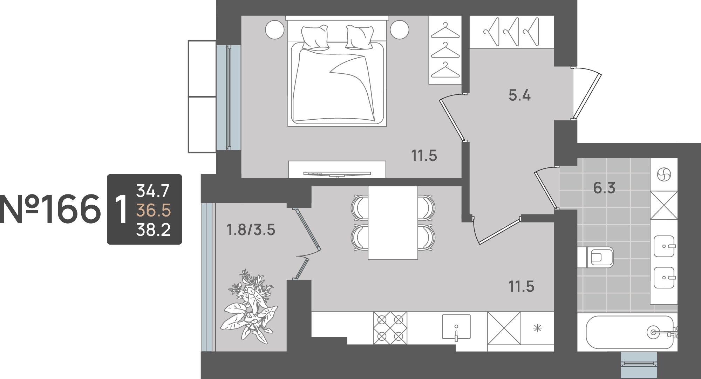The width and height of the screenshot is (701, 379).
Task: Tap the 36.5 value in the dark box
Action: (x=153, y=211)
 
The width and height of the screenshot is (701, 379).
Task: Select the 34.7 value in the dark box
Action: (x=153, y=191)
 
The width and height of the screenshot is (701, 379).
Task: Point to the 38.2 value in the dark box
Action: (x=153, y=230)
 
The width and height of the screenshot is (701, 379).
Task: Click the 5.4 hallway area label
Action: (x=519, y=95)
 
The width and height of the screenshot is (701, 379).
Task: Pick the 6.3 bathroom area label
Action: (x=604, y=188)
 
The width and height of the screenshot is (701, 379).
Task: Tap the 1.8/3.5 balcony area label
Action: (x=251, y=230)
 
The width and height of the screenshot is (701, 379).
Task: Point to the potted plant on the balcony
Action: (x=250, y=305)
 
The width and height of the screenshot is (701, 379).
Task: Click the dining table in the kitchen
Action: (x=393, y=223)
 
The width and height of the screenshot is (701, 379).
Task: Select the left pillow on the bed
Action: (x=315, y=37)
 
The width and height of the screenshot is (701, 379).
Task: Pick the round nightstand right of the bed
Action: (x=400, y=29)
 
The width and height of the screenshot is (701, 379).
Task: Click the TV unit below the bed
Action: (x=337, y=169)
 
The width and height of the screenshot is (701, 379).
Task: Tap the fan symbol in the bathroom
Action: (x=664, y=174)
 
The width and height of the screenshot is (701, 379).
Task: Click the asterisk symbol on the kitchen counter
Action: (x=537, y=328)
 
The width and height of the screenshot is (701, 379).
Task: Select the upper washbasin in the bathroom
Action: (x=664, y=246)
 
